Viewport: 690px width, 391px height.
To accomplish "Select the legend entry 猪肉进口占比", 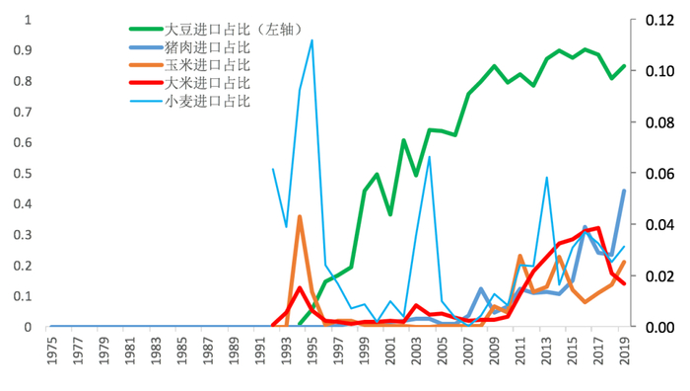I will [x=207, y=47].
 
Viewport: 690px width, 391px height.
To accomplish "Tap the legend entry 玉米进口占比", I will [x=207, y=65].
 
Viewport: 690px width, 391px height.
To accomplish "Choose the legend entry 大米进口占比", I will [x=207, y=83].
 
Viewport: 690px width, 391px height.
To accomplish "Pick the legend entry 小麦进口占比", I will [x=207, y=101].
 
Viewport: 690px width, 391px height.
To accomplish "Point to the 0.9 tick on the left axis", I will [x=24, y=49].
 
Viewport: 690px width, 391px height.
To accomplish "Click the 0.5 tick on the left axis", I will [x=24, y=173].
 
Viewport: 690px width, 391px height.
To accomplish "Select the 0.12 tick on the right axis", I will [x=658, y=20].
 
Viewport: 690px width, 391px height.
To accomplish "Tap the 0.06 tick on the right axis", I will [x=658, y=173].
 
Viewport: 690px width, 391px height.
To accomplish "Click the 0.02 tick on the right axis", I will [x=658, y=275].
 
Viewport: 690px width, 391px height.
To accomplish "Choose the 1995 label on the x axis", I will [x=312, y=351].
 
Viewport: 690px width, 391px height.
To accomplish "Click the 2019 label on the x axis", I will [x=624, y=351].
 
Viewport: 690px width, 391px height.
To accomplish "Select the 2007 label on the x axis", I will [x=468, y=351].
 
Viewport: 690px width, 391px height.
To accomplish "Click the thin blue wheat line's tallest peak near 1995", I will [x=312, y=40].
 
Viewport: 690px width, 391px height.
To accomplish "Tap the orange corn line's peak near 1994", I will [x=300, y=216].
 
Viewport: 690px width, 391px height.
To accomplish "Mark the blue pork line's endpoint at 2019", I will [x=624, y=191].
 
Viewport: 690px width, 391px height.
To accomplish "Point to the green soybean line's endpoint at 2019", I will [x=624, y=66].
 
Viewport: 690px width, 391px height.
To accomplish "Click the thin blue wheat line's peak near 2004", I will [x=429, y=157].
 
